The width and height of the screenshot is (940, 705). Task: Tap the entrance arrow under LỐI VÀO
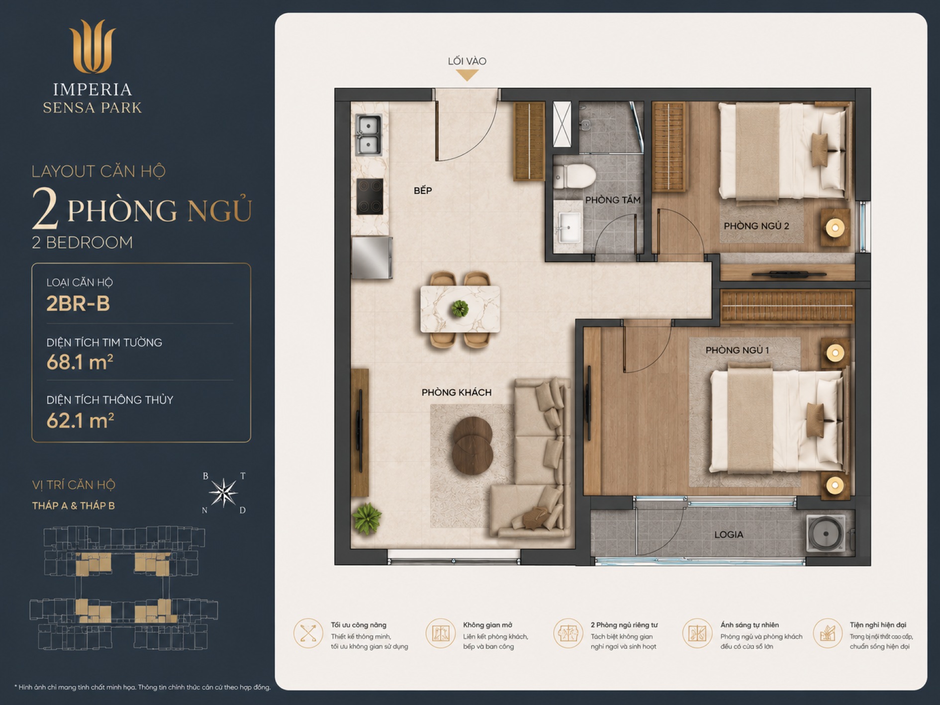[467, 75]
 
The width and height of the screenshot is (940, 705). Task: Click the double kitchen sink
[369, 135]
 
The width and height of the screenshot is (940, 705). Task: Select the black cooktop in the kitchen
[370, 196]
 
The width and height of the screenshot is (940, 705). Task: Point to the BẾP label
[423, 190]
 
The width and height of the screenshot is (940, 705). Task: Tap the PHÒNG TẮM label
[613, 200]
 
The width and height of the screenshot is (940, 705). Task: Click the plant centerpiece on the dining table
[460, 309]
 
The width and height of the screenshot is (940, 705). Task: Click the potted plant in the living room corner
[367, 519]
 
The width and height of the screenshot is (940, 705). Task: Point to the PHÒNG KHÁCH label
[457, 392]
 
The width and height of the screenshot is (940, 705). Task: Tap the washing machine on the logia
[826, 533]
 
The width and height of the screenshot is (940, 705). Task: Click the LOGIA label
[729, 534]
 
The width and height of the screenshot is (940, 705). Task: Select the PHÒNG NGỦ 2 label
[756, 226]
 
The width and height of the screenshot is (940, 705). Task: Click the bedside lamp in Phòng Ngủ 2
[835, 228]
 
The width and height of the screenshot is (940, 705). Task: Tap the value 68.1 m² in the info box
[80, 362]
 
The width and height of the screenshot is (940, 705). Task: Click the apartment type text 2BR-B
[78, 303]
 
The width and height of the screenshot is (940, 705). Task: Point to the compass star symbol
[224, 493]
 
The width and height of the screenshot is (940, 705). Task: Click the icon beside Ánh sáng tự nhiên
[697, 633]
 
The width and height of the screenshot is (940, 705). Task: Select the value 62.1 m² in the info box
[80, 421]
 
